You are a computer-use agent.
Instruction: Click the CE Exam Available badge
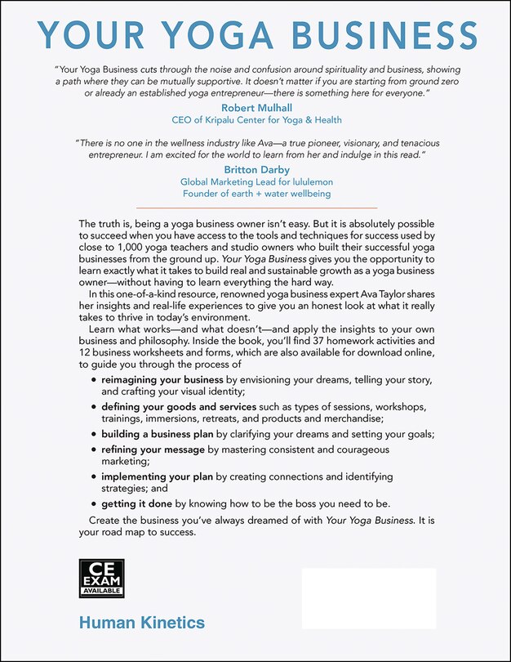click(x=101, y=577)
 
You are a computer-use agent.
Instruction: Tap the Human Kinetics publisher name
click(x=141, y=624)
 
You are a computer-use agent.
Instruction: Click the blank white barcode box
click(x=369, y=598)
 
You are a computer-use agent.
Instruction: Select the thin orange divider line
click(x=255, y=208)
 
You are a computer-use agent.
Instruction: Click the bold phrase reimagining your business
click(x=162, y=380)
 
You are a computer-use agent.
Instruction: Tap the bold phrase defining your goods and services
click(x=179, y=406)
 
